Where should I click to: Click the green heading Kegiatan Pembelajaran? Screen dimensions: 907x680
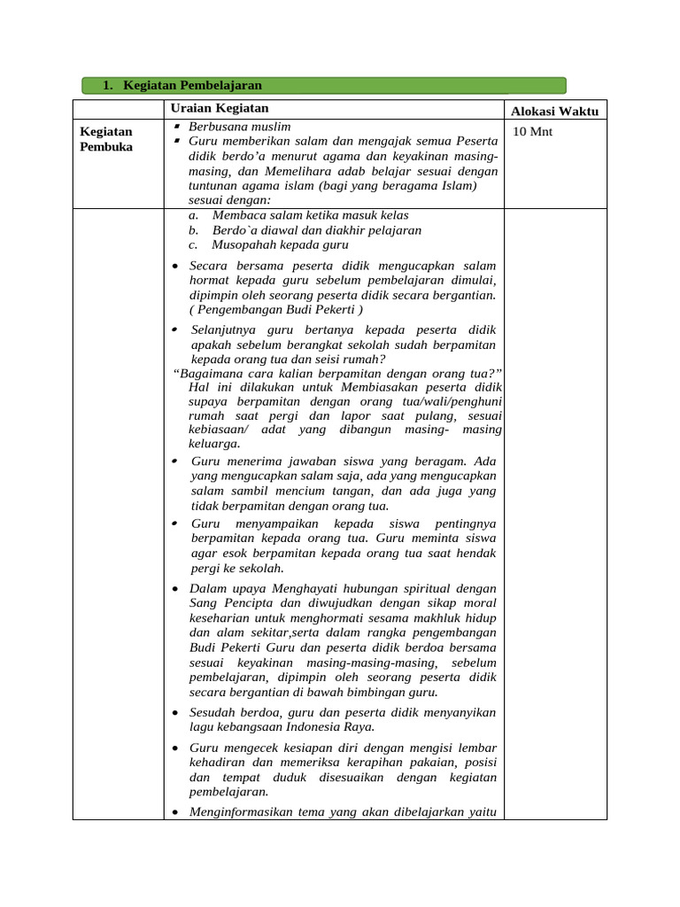click(x=192, y=85)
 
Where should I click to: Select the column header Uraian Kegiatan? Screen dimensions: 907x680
click(x=220, y=108)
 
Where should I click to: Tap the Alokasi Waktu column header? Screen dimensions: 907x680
click(x=555, y=111)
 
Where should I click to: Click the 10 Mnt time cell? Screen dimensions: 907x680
click(x=533, y=132)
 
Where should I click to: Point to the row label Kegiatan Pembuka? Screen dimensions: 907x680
click(x=106, y=139)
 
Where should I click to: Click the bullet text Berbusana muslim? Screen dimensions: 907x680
click(x=239, y=127)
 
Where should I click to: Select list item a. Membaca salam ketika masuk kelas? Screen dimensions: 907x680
click(x=299, y=215)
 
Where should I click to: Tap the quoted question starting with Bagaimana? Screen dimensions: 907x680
click(x=337, y=373)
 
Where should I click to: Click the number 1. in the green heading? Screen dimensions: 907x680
click(x=107, y=85)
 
